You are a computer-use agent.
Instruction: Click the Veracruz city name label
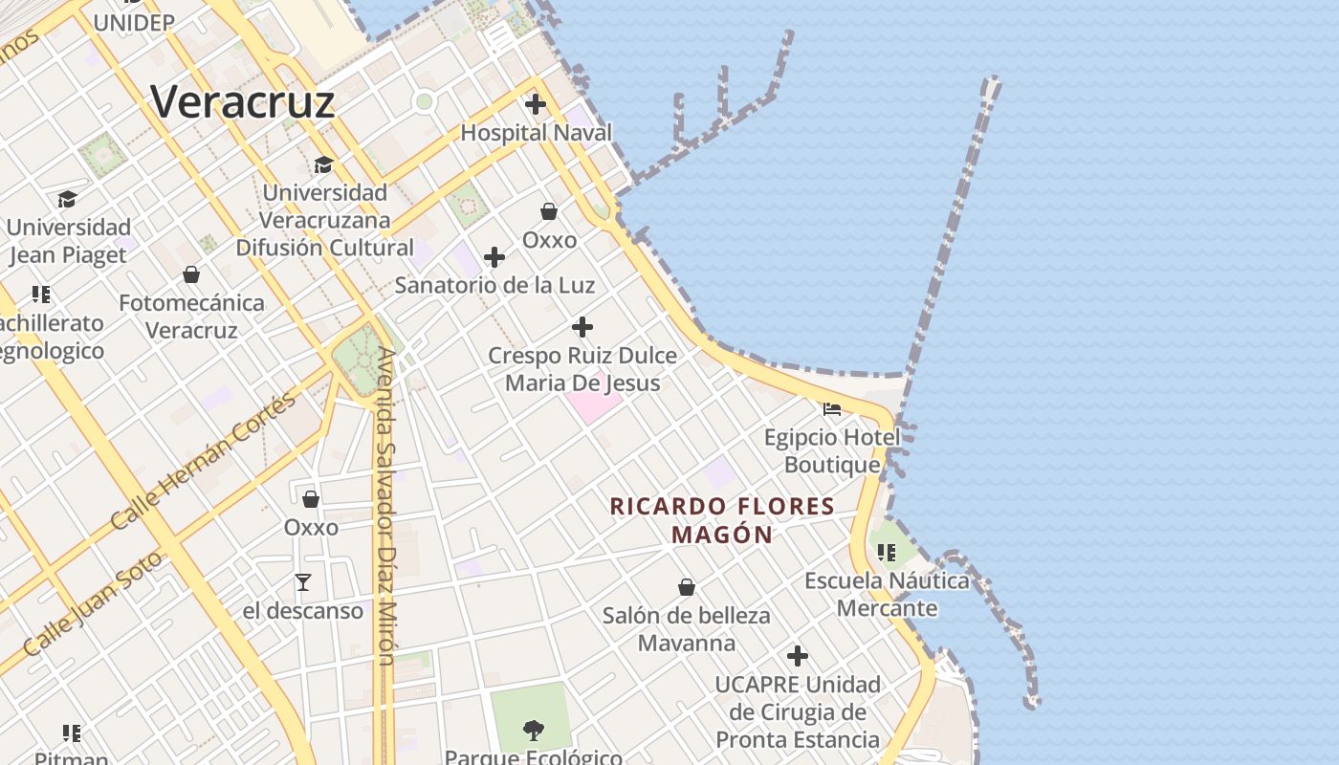[x=243, y=101]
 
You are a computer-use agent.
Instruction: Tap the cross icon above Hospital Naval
[x=536, y=104]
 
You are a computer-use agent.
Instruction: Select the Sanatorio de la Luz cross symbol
[x=494, y=257]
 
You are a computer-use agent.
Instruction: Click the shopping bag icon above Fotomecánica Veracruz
[x=191, y=274]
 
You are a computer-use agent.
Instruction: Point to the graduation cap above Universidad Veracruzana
[x=324, y=164]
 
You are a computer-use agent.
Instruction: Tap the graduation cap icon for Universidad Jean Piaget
[x=67, y=199]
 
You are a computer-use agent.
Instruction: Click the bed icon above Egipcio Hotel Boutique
[x=832, y=409]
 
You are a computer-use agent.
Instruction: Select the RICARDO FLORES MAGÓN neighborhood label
[x=722, y=520]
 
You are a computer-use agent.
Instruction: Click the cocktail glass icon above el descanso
[x=303, y=581]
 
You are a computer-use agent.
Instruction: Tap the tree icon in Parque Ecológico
[x=534, y=731]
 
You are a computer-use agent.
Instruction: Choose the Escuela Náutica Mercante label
[x=887, y=594]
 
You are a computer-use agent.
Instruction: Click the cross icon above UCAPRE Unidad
[x=798, y=656]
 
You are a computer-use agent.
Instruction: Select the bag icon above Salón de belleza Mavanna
[x=686, y=587]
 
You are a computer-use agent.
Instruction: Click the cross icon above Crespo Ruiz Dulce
[x=582, y=327]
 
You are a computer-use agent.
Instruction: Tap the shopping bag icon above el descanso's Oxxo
[x=311, y=499]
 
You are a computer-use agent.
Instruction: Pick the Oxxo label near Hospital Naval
[x=549, y=239]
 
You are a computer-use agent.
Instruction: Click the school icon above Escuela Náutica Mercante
[x=887, y=552]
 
